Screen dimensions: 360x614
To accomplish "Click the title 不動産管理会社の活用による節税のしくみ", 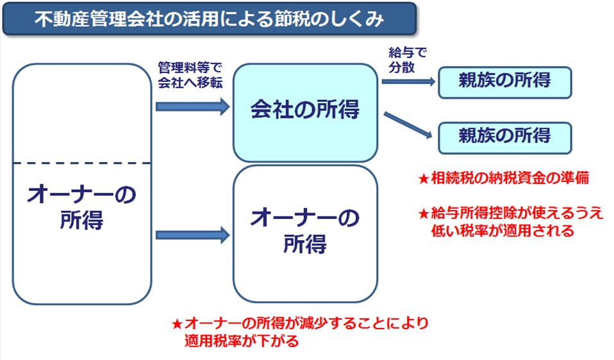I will [210, 19].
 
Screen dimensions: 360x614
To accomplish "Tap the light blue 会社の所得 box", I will [305, 111].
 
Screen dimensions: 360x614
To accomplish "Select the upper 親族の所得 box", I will [504, 82].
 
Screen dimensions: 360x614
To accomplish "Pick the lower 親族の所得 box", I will [504, 136].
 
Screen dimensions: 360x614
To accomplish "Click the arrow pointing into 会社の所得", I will [192, 107].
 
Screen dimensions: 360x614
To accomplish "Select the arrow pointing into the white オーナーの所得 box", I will [192, 235].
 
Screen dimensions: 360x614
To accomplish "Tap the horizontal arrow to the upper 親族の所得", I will [409, 81].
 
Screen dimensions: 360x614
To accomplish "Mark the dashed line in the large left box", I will [81, 163].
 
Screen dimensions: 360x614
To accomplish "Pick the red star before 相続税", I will [423, 179].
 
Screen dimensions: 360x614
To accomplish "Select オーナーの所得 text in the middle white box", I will [305, 231].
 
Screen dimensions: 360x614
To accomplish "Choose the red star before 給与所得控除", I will [423, 215].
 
